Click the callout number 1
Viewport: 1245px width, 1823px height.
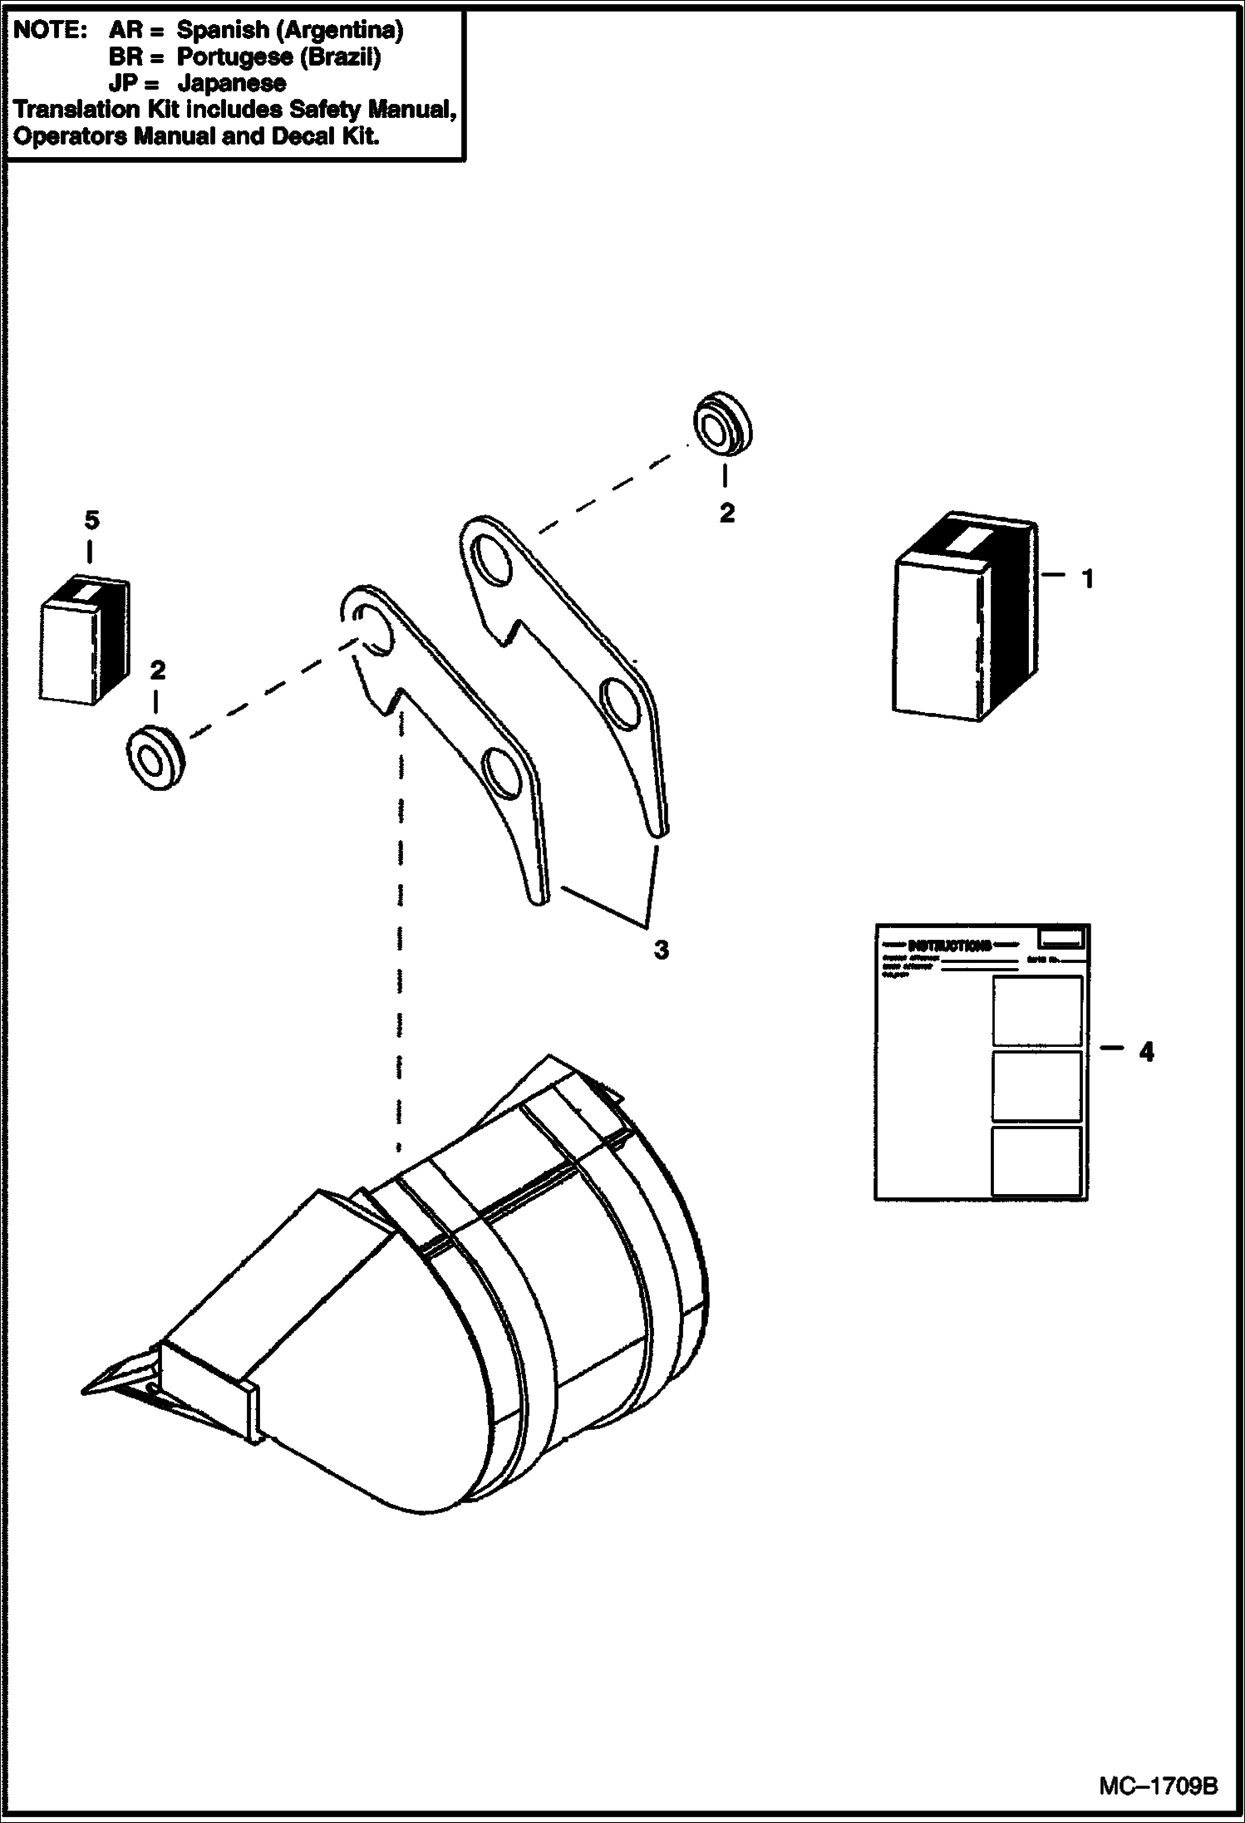pos(1087,579)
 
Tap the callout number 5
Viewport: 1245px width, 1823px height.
pos(91,521)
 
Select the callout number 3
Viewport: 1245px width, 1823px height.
pos(661,950)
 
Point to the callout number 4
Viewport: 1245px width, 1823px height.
pos(1146,1052)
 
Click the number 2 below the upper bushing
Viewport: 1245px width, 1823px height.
pos(726,513)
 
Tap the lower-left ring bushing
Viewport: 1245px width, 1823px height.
pos(155,758)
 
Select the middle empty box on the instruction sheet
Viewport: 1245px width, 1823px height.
pos(1037,1086)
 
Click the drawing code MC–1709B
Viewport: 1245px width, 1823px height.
pos(1159,1781)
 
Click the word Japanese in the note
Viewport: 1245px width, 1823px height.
pos(232,83)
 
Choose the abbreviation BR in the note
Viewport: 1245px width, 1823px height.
pos(125,57)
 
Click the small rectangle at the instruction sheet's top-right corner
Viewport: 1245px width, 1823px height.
pos(1061,938)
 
